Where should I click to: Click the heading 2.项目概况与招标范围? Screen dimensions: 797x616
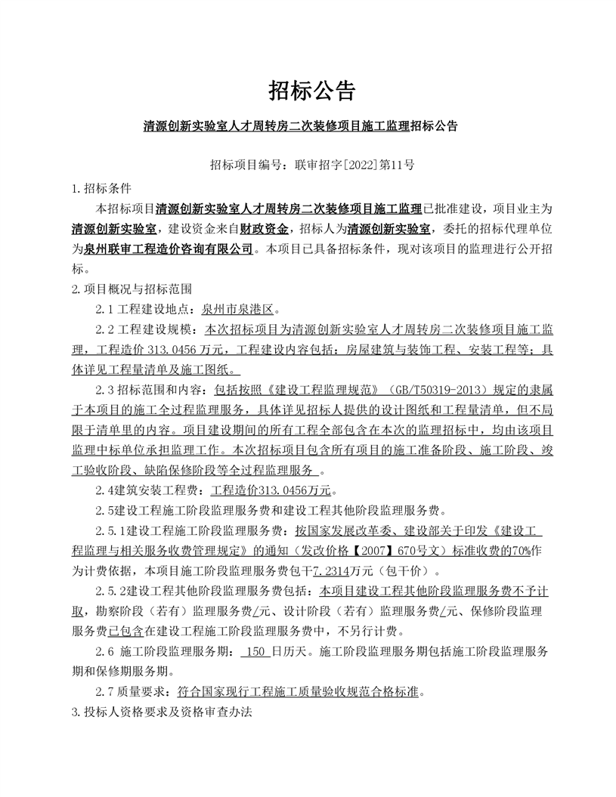point(132,289)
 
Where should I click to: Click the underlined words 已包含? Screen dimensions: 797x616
point(126,631)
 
